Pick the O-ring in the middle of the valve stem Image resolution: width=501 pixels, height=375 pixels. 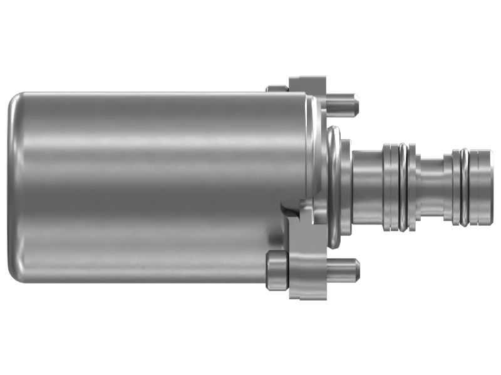click(x=405, y=187)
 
